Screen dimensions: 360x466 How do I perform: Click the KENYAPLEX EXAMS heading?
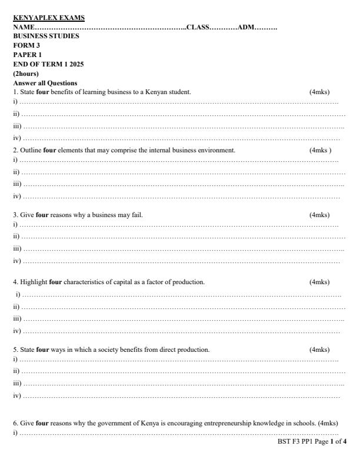(49, 18)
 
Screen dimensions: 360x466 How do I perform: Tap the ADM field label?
(246, 27)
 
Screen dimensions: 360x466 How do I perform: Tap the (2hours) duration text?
(26, 74)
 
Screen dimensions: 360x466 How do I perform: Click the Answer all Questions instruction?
(45, 83)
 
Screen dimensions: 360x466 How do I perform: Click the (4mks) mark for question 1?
(319, 92)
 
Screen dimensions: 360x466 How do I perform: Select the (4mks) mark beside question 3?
(319, 215)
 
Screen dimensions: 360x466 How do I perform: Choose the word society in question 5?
(87, 349)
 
